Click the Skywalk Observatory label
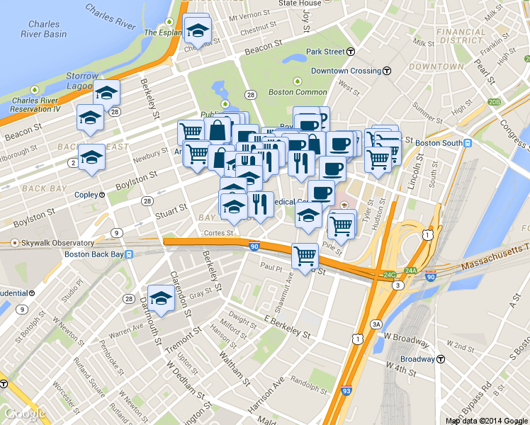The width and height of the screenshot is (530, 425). point(47,243)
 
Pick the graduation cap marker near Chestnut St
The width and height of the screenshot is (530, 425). point(198,30)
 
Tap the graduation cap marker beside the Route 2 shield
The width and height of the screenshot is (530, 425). point(91,157)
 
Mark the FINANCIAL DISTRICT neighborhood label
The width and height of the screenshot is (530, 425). point(461,36)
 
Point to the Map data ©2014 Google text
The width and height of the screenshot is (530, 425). point(487,421)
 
